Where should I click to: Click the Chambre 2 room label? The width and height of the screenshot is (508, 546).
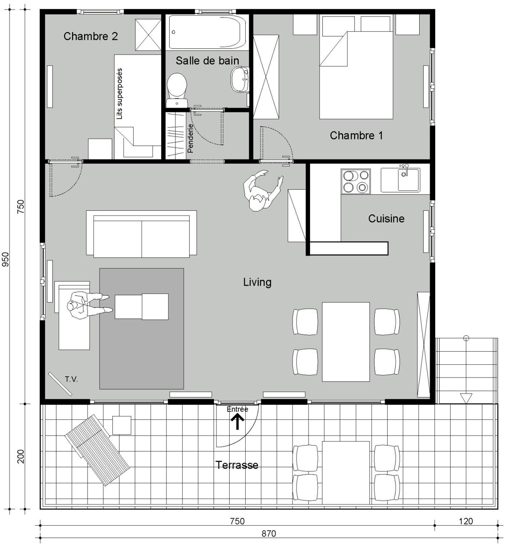click(91, 36)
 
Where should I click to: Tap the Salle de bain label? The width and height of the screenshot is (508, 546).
click(207, 61)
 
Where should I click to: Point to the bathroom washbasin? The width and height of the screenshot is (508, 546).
click(240, 79)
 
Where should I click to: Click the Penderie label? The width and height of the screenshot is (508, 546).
click(190, 139)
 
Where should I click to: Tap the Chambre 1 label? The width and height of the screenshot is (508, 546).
click(356, 136)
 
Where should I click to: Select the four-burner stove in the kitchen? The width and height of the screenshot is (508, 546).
click(355, 181)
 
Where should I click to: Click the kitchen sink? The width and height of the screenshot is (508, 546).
click(401, 180)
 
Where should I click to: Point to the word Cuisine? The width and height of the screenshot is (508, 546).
click(386, 219)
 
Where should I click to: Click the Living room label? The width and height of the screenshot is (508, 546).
click(257, 283)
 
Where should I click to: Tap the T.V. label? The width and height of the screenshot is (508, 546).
click(71, 379)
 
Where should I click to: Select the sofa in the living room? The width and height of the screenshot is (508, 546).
click(142, 234)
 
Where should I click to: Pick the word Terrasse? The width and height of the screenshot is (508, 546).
click(237, 465)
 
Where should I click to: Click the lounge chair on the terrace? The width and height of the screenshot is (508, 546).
click(97, 450)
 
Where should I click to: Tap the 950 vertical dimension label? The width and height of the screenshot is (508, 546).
click(6, 259)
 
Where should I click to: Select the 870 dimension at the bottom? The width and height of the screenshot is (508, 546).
click(269, 534)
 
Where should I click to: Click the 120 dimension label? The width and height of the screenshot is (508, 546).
click(466, 521)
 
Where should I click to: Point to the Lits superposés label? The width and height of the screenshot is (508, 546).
click(119, 94)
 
